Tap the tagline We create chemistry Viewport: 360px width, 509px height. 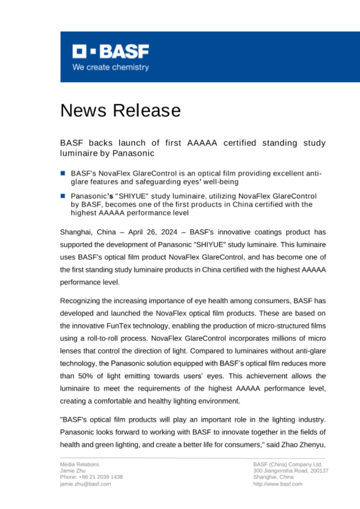coord(110,67)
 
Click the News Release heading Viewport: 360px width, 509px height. coord(120,110)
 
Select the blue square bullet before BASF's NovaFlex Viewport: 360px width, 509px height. coord(62,173)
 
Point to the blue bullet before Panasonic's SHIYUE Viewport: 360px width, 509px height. coord(62,196)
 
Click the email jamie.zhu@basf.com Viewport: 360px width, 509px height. coord(85,484)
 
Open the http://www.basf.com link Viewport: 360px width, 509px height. coord(278,484)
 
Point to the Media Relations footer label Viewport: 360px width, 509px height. coord(80,464)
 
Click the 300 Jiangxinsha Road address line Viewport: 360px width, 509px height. coord(290,470)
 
